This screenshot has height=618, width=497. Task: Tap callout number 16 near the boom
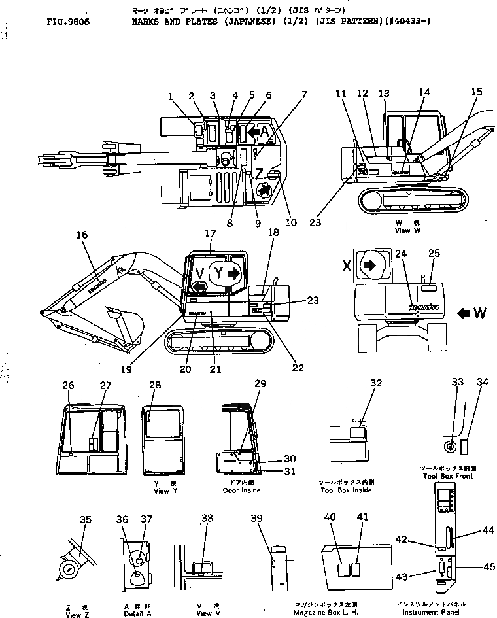point(82,235)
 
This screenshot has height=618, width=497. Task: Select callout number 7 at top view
point(303,95)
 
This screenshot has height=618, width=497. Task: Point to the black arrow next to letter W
point(463,313)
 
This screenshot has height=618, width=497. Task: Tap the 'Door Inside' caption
point(241,490)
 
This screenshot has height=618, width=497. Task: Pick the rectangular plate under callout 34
point(465,447)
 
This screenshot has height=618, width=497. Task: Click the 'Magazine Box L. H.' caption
point(344,613)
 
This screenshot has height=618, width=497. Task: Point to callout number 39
point(256,519)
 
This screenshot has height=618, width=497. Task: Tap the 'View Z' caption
point(73,615)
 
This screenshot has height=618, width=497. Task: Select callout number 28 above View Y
point(154,385)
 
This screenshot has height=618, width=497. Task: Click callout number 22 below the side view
point(298,368)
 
